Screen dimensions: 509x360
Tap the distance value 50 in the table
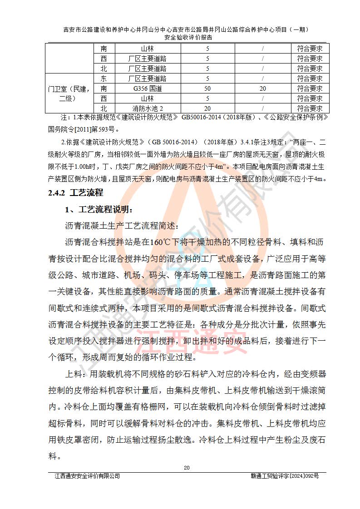[207, 88]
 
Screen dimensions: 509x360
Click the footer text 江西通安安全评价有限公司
[87, 476]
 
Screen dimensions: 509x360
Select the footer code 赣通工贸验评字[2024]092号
[285, 476]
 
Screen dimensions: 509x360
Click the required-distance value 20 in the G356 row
[262, 88]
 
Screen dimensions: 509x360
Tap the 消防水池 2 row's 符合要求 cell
[310, 108]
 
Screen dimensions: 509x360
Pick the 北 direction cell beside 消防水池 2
[104, 108]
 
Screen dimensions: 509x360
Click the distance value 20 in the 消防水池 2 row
[207, 108]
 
